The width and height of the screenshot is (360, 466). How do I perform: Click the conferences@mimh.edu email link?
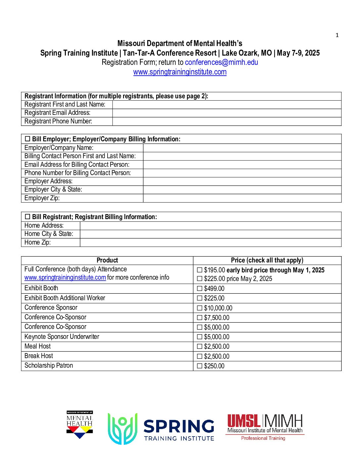coord(221,62)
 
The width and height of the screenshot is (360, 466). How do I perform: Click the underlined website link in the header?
coord(180,72)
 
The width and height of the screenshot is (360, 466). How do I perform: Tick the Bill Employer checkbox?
coord(27,139)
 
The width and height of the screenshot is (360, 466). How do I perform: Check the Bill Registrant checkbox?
coord(27,217)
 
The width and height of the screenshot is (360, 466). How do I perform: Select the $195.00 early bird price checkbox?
coord(200,270)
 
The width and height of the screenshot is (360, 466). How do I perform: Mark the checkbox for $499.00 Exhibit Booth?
coord(200,289)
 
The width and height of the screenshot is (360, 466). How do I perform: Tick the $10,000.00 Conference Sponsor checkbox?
coord(200,308)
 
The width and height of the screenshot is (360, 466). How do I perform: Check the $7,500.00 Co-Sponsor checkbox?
coord(200,318)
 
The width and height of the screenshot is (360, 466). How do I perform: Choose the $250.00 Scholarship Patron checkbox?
coord(200,366)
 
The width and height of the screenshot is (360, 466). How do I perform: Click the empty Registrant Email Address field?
coord(227,113)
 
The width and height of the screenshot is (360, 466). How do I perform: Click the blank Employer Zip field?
coord(242,198)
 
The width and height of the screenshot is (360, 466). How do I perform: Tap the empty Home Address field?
coord(210,226)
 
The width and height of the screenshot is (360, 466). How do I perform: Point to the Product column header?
coord(107,260)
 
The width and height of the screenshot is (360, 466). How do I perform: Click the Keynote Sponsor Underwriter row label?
coord(62,337)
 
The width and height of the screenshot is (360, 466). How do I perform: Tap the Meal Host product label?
coord(38,347)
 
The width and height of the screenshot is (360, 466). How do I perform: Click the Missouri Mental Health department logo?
coord(80,425)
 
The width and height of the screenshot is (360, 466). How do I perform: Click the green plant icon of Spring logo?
coord(122,429)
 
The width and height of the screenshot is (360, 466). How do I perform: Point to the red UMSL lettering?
coord(244,421)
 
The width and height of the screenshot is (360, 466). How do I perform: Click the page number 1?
coord(337,35)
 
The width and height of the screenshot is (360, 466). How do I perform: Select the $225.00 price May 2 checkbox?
coord(200,279)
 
